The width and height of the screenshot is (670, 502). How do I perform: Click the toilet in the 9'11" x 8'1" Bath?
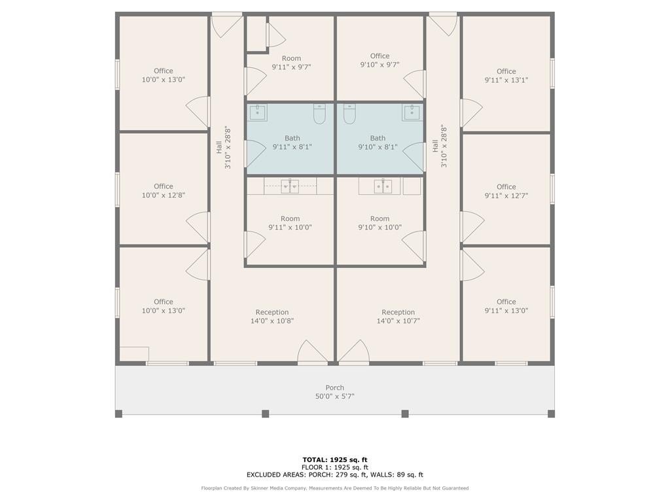(319, 114)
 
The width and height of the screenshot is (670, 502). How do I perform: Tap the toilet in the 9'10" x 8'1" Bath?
(349, 114)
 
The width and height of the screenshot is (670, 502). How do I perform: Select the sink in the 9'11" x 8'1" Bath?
(258, 113)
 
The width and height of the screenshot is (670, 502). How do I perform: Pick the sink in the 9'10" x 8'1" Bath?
(411, 113)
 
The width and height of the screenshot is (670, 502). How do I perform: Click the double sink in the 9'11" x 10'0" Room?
(290, 186)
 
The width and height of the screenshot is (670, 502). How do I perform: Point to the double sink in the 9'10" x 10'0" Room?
(383, 186)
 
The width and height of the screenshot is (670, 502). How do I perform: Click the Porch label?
(334, 388)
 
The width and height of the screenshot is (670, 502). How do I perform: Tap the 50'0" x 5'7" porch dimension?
(334, 397)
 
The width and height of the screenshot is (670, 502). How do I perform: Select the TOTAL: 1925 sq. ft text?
(335, 460)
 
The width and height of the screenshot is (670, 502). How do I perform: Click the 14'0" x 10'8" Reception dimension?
(272, 321)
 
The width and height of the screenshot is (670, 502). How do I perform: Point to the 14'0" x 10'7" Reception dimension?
(398, 321)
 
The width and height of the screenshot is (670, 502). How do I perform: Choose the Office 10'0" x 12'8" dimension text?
(163, 195)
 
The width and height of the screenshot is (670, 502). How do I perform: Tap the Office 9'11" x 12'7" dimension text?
(506, 196)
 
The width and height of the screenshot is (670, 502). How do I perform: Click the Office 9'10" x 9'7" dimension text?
(380, 65)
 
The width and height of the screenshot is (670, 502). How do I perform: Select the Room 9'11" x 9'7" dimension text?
(291, 67)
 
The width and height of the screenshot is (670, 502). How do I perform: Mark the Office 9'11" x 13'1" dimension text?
(506, 80)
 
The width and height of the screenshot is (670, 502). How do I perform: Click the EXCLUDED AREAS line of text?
(335, 475)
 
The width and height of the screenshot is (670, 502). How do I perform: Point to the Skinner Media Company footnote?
(335, 488)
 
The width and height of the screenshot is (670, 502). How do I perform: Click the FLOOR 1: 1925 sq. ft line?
(335, 467)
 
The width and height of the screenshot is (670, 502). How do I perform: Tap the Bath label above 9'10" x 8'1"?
(378, 138)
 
